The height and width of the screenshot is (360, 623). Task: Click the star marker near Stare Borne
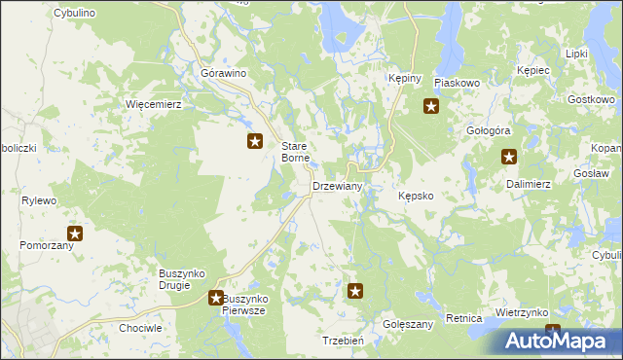tap(255, 142)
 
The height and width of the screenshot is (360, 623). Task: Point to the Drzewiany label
tap(337, 186)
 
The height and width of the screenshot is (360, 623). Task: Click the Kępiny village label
tap(403, 78)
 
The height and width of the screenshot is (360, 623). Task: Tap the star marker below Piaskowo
tap(431, 107)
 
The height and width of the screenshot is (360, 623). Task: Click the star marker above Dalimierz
tap(509, 157)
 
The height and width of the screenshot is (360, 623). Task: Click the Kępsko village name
tap(422, 196)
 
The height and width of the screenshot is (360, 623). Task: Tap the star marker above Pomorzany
tap(75, 234)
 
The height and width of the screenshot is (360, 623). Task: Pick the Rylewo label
tap(40, 200)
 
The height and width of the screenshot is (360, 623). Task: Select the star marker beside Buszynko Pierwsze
tap(216, 297)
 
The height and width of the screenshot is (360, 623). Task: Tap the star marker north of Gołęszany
tap(356, 290)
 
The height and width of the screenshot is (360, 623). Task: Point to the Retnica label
tap(464, 318)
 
